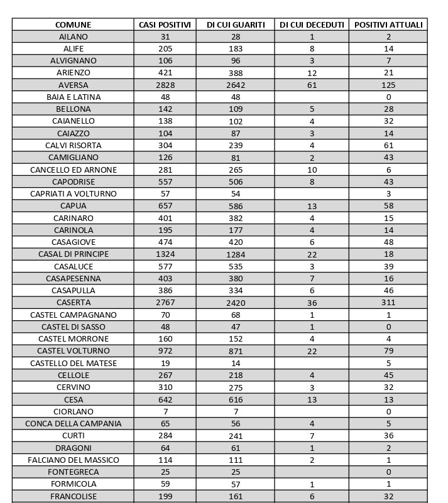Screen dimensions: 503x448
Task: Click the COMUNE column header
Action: coord(73,24)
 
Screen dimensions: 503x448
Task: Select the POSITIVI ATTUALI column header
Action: coord(388,24)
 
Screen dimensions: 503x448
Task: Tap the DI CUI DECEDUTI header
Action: coord(312,24)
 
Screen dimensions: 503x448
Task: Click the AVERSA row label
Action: coord(73,85)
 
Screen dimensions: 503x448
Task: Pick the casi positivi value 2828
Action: coord(165,85)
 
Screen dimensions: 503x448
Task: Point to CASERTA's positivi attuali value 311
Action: coord(388,303)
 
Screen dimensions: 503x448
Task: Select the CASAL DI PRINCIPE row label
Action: coord(73,254)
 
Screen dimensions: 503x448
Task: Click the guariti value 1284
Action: coord(236,254)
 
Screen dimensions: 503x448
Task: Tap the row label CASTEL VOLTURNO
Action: coord(73,351)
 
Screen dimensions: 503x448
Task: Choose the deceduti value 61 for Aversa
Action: coord(312,85)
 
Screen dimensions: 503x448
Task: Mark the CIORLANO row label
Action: coord(73,411)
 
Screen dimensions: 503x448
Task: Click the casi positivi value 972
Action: coord(165,351)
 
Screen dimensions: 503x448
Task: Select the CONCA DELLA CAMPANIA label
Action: coord(73,423)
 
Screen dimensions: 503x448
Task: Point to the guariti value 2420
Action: coord(236,303)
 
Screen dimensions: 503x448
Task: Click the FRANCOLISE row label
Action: coord(73,496)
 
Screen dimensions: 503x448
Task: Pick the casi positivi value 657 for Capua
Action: coord(165,206)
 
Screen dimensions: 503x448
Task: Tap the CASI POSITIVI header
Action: coord(165,24)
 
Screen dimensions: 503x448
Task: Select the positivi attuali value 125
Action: coord(388,85)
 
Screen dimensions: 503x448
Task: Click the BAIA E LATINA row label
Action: coord(73,97)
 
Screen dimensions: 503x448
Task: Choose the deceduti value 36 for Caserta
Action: coord(312,303)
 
